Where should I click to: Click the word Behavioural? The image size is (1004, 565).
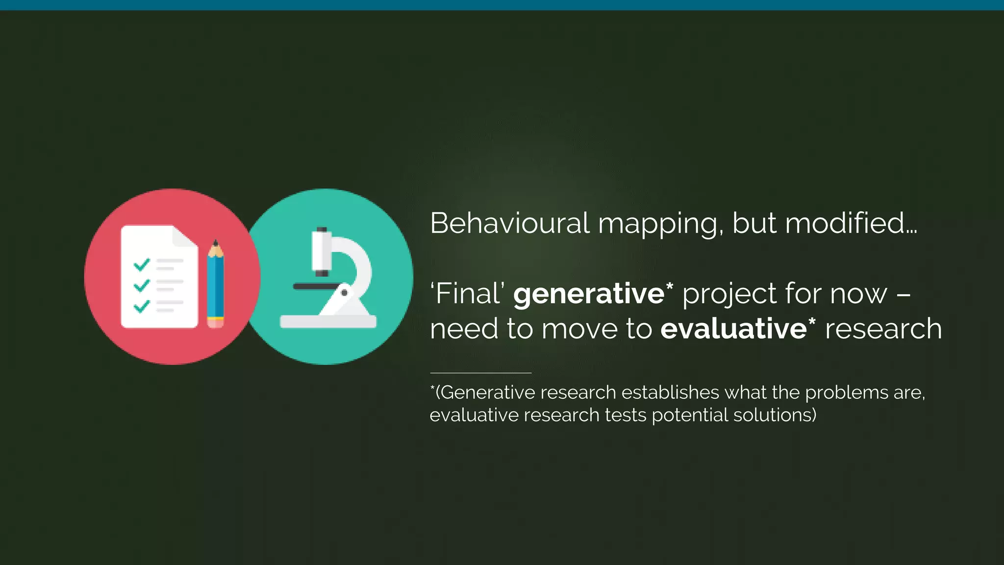tap(509, 224)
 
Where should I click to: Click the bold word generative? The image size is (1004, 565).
tap(589, 294)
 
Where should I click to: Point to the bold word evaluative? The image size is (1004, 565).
tap(733, 329)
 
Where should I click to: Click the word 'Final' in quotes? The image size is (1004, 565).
tap(468, 294)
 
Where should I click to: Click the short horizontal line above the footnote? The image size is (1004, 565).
tap(480, 373)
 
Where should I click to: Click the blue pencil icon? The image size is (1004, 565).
tap(215, 284)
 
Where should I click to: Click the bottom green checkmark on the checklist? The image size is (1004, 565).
tap(142, 307)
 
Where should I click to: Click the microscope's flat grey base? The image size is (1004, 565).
tap(328, 322)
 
